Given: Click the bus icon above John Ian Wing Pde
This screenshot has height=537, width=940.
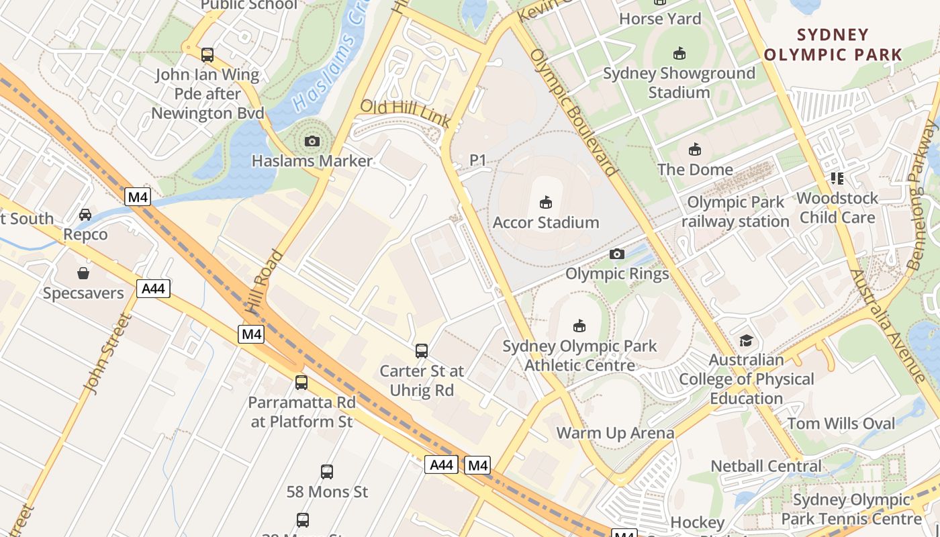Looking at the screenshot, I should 207,54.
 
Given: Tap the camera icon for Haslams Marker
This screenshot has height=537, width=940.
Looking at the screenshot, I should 312,141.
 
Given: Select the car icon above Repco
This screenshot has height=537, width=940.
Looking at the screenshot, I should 85,215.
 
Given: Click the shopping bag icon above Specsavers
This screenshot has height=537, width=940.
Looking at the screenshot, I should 83,273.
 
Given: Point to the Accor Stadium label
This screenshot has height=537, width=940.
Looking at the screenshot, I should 546,222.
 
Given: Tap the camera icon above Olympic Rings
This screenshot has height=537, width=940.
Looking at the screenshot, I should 617,254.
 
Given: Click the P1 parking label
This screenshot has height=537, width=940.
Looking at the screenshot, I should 477,160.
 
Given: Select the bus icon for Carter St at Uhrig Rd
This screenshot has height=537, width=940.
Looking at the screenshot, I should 422,350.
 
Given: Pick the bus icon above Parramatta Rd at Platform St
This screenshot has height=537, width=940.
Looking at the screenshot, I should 301,383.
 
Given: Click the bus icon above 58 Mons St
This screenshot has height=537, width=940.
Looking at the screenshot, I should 327,472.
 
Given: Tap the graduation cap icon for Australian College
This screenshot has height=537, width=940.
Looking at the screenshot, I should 746,340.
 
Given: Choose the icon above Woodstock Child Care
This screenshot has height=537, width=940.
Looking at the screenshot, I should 837,178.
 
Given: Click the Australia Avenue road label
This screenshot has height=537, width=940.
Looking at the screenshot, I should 886,326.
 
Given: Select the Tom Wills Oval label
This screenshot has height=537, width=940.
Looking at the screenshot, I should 841,424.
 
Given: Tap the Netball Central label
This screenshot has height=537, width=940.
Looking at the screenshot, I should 765,466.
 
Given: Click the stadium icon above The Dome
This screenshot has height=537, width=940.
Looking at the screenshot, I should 695,149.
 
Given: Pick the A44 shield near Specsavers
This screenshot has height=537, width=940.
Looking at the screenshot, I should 153,289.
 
